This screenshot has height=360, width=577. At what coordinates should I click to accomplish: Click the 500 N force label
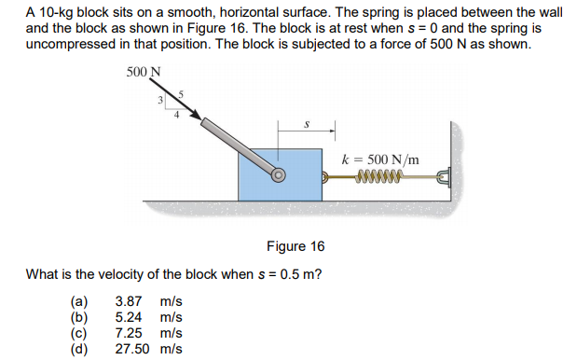coord(144,73)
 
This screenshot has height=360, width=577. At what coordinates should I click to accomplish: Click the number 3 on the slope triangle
coord(159,99)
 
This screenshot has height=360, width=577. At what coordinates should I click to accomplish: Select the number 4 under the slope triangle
coord(173,116)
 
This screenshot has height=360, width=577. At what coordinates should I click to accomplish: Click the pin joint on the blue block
coord(278,173)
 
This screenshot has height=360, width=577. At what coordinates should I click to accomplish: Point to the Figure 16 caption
coord(295,246)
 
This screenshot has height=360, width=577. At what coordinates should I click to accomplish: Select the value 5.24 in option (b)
coord(129,318)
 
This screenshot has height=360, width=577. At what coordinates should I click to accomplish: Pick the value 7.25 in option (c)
coord(129,333)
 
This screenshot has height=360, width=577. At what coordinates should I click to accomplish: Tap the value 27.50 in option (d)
coord(132,349)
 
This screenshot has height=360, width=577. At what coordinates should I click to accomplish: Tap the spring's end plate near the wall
coord(444,174)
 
